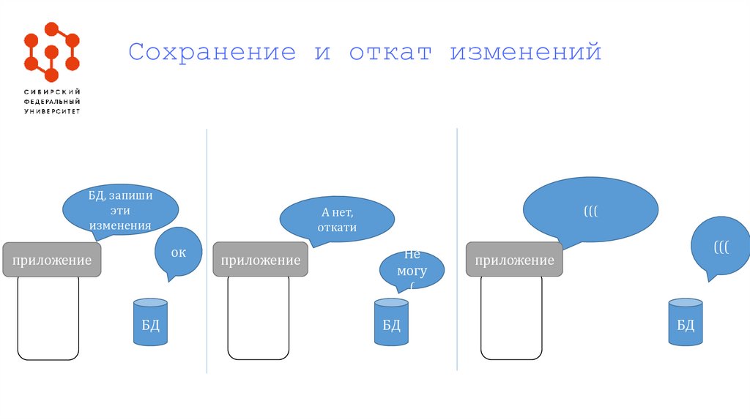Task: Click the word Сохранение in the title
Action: coord(212,53)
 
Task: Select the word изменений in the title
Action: coord(525,53)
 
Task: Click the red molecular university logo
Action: coord(51,52)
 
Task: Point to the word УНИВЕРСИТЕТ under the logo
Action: coord(51,112)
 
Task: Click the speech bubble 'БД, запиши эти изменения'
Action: coord(120,209)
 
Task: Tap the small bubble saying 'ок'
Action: coord(178,252)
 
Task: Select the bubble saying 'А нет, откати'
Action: coord(337,219)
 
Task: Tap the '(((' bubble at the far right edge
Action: coord(721,247)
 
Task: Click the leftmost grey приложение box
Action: coord(51,260)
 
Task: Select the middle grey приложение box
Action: coord(260,260)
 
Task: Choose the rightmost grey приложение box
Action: coord(514,260)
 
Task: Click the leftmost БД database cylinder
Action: coord(150,322)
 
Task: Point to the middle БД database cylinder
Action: coord(391,322)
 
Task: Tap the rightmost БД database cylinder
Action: coord(686,322)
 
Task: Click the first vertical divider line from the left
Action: coord(207,249)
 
